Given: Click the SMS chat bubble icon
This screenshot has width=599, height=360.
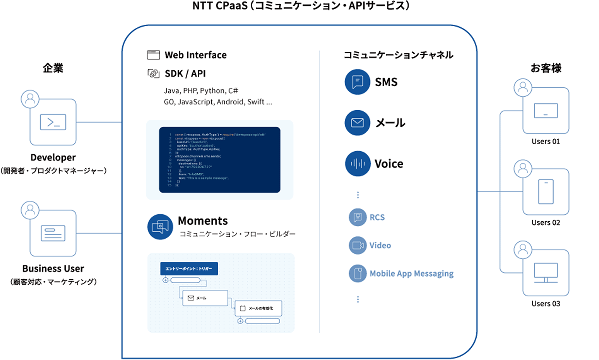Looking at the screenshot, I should click(357, 82).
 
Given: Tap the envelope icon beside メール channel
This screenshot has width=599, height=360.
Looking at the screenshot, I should click(357, 123).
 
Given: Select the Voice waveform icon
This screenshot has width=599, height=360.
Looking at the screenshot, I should click(357, 164).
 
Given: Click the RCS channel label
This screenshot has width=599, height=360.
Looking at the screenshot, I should click(377, 217).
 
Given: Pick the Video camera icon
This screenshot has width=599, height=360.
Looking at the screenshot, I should click(357, 245).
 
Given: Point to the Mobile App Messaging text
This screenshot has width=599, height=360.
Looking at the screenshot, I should click(411, 274).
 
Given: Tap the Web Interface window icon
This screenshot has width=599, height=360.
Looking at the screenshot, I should click(153, 55).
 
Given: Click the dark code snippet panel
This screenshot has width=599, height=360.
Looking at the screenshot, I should click(220, 159).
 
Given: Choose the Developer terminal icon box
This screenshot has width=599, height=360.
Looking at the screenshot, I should click(53, 122).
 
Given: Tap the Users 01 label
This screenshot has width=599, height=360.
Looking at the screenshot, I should click(546, 141).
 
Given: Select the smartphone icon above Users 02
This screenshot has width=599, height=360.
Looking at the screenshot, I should click(546, 192).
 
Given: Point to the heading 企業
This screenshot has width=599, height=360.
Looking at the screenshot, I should click(53, 69).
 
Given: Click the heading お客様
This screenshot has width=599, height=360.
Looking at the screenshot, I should click(546, 68).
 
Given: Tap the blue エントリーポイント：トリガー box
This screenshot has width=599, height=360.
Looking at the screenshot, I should click(189, 269).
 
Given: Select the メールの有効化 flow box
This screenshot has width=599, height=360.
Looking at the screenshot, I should click(258, 308).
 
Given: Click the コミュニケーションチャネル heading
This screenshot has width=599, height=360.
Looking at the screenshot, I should click(398, 55).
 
